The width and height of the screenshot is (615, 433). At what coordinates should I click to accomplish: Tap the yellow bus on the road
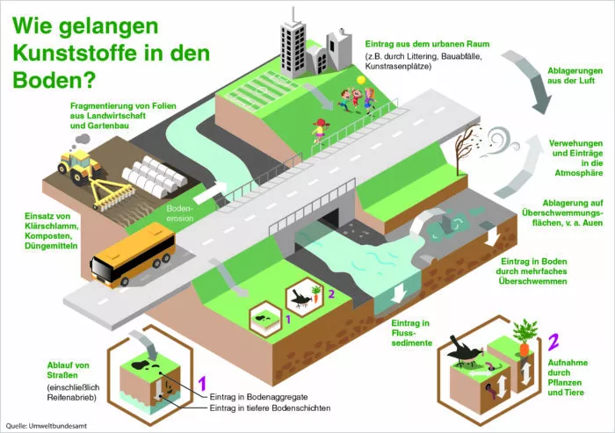[133, 254]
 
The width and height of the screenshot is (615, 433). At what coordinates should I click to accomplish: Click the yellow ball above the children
[361, 80]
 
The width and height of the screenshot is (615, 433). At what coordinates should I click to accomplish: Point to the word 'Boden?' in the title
[54, 80]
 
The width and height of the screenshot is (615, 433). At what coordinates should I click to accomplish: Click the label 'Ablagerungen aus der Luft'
[575, 76]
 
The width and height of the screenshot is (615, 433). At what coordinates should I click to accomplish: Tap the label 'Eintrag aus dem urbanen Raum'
[427, 44]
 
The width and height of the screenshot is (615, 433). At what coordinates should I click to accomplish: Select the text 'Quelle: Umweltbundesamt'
[47, 426]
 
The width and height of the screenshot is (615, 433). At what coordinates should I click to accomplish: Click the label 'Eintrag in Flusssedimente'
[411, 333]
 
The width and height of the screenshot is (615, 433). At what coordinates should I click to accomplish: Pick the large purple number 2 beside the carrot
[553, 342]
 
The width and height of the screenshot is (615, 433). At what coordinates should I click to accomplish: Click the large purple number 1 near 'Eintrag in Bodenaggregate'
[202, 384]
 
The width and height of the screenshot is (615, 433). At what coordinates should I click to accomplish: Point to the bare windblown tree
[467, 148]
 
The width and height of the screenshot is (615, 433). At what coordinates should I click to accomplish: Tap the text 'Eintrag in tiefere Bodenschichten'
[270, 408]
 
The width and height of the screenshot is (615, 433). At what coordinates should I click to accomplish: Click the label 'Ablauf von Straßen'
[68, 370]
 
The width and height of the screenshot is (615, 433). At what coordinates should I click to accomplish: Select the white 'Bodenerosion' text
[180, 213]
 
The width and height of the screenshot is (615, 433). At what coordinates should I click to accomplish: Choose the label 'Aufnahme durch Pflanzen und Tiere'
[568, 378]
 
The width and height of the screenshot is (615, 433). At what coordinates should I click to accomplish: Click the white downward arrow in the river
[399, 293]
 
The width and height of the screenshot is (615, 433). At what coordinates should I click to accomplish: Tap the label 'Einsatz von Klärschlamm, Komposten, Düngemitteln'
[51, 231]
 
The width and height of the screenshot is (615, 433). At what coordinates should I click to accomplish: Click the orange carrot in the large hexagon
[525, 350]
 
